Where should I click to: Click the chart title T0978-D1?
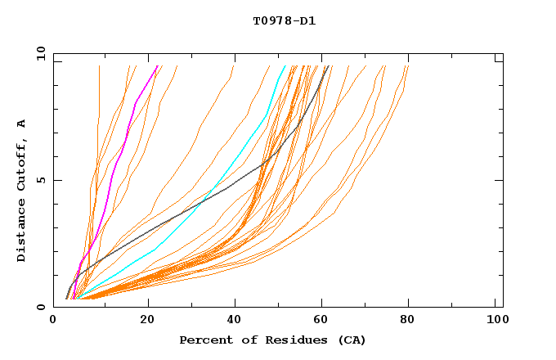pyautogui.click(x=284, y=20)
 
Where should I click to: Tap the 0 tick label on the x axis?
pyautogui.click(x=54, y=320)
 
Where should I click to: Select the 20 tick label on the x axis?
pyautogui.click(x=147, y=320)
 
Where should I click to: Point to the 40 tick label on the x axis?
pyautogui.click(x=235, y=320)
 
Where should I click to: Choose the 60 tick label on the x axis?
pyautogui.click(x=323, y=320)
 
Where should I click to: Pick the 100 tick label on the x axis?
pyautogui.click(x=495, y=320)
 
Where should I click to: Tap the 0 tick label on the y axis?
pyautogui.click(x=40, y=307)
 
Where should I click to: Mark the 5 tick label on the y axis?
pyautogui.click(x=40, y=181)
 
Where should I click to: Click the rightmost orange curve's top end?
pyautogui.click(x=408, y=66)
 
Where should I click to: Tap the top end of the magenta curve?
pyautogui.click(x=158, y=66)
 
